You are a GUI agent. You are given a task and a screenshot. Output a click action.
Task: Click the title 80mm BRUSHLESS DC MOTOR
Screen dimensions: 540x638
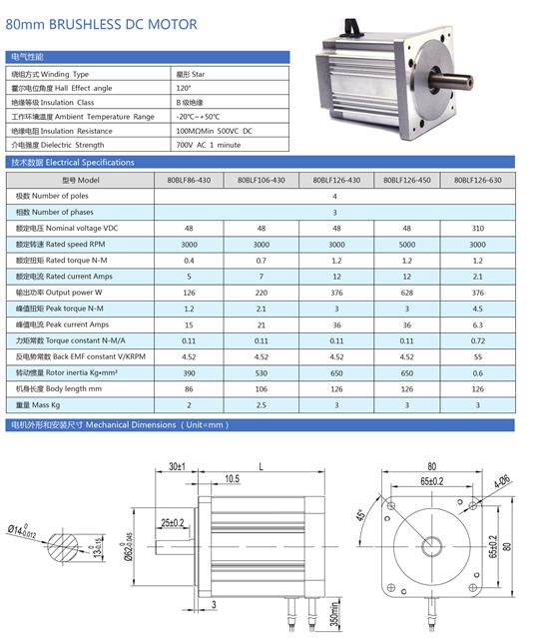101,24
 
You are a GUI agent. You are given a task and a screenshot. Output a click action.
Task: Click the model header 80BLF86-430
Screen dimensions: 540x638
189,180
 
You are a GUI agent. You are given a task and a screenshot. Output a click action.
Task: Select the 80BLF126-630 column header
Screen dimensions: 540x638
478,180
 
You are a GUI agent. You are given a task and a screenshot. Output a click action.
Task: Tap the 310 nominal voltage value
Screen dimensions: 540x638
478,229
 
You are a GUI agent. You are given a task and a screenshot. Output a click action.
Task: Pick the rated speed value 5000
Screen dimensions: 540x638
406,245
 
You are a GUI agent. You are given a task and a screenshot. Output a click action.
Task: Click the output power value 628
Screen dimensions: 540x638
406,293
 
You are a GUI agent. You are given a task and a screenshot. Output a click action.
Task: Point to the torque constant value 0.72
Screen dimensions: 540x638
478,340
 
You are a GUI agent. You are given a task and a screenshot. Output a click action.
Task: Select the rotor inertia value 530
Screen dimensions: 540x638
262,372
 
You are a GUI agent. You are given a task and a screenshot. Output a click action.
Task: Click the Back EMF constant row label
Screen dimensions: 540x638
81,356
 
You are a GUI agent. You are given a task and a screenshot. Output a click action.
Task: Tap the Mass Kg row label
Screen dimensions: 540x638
38,404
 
